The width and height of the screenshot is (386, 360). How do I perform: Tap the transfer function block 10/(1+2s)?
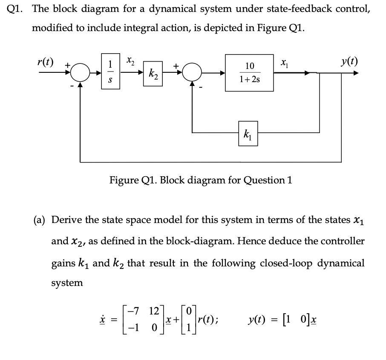tap(249, 73)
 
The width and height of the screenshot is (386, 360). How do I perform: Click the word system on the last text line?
tap(67, 283)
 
